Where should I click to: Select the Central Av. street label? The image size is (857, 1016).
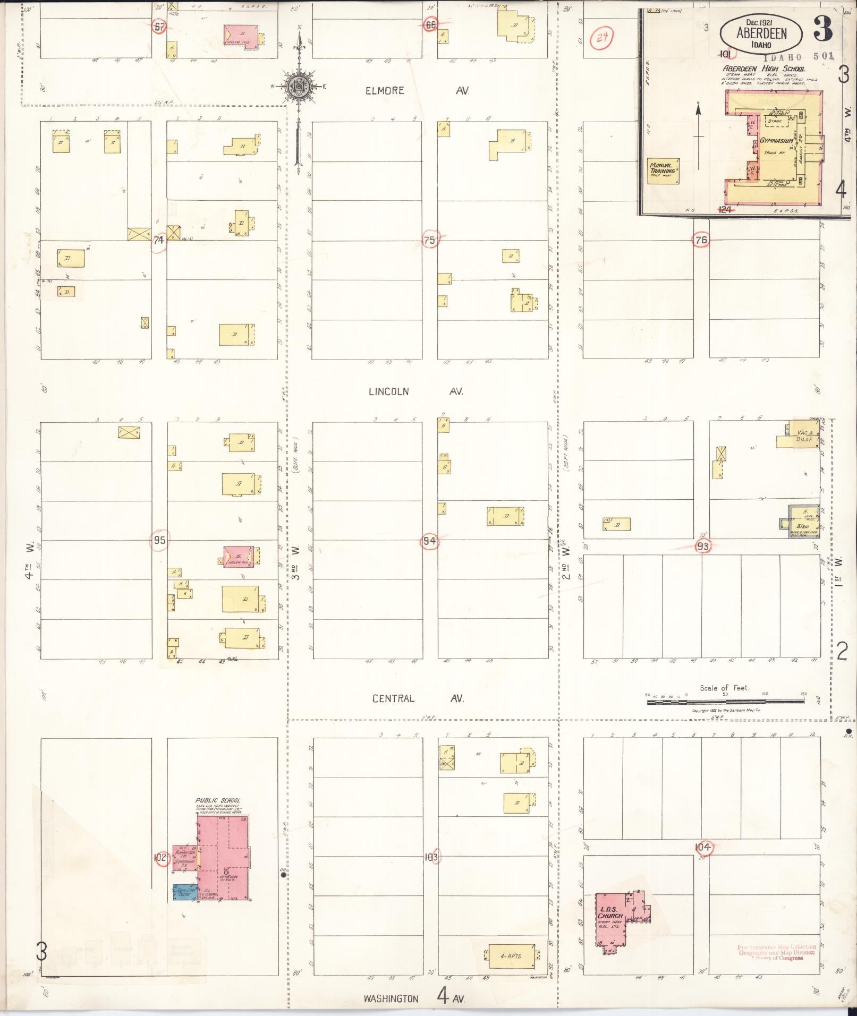point(417,698)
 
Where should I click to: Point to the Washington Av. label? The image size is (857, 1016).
point(414,998)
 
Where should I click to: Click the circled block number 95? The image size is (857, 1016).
point(159,541)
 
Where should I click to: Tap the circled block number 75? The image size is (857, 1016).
point(429,240)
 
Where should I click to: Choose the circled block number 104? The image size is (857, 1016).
point(703,847)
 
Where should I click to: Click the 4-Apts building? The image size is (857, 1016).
point(511,956)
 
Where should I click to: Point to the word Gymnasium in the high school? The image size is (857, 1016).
point(776,141)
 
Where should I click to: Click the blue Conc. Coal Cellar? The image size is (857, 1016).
point(184,893)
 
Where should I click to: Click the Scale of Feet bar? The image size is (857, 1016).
point(725,702)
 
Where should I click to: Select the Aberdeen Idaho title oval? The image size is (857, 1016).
point(761,33)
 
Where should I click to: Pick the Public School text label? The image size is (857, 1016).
point(217,800)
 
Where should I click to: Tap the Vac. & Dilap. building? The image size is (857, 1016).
point(804,436)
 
